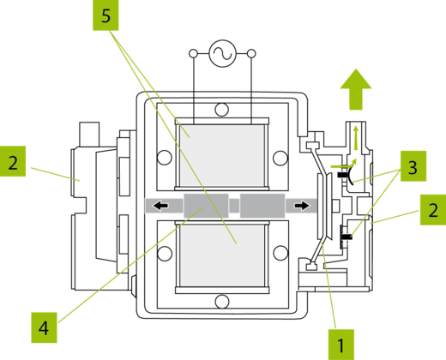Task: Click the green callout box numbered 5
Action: pyautogui.click(x=105, y=15)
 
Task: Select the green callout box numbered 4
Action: pyautogui.click(x=44, y=327)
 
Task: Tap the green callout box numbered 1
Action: pyautogui.click(x=341, y=345)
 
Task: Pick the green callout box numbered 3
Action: pyautogui.click(x=413, y=166)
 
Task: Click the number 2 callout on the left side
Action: pyautogui.click(x=13, y=161)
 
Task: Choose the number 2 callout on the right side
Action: pyautogui.click(x=433, y=210)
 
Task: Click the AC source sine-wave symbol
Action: pyautogui.click(x=223, y=53)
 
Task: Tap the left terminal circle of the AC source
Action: pyautogui.click(x=194, y=53)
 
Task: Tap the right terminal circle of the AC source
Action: pyautogui.click(x=251, y=53)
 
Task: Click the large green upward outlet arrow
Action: pyautogui.click(x=356, y=89)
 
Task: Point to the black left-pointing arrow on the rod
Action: pyautogui.click(x=160, y=206)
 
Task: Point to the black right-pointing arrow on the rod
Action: pyautogui.click(x=302, y=206)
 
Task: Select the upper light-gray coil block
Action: pyautogui.click(x=222, y=155)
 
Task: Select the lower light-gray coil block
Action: pyautogui.click(x=222, y=255)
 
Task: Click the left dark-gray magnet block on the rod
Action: pyautogui.click(x=206, y=206)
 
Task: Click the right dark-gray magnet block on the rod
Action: pyautogui.click(x=262, y=206)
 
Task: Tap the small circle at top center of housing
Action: pyautogui.click(x=222, y=110)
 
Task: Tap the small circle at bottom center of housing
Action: pyautogui.click(x=222, y=302)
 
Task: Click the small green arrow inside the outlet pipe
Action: pyautogui.click(x=356, y=138)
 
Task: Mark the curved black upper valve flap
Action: pyautogui.click(x=349, y=175)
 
